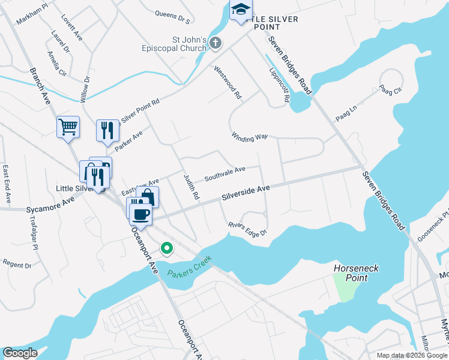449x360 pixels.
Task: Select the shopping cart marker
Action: [x=68, y=127]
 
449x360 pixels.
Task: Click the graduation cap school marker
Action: [x=241, y=10]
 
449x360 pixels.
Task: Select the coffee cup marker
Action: [x=141, y=213]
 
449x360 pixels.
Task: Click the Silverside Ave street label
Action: [x=246, y=192]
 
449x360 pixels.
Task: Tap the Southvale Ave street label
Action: [x=224, y=174]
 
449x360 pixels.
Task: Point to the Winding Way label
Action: [x=249, y=137]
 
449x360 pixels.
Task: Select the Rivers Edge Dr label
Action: [x=247, y=229]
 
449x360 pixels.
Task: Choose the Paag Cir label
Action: [x=390, y=89]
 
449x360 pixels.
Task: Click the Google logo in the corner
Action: [x=20, y=353]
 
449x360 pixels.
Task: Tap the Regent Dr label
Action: [x=17, y=263]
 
